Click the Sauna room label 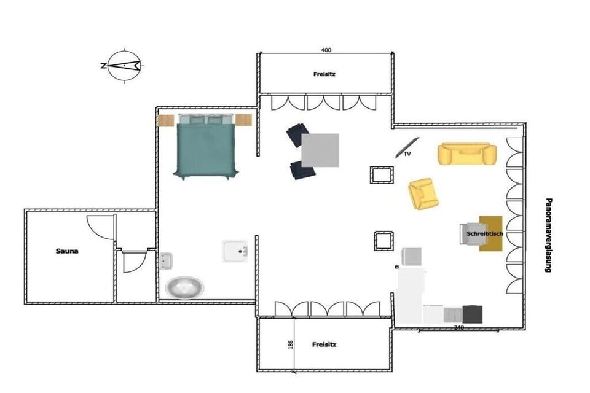pyautogui.click(x=67, y=251)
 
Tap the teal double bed pyautogui.click(x=206, y=147)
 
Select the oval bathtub pyautogui.click(x=185, y=288)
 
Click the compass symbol pyautogui.click(x=124, y=66)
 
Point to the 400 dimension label pyautogui.click(x=326, y=50)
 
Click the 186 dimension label pyautogui.click(x=291, y=344)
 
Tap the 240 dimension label pyautogui.click(x=458, y=327)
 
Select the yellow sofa pyautogui.click(x=467, y=154)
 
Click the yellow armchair pyautogui.click(x=423, y=193)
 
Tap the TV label pyautogui.click(x=407, y=154)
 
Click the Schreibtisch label pyautogui.click(x=485, y=233)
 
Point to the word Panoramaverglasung pyautogui.click(x=549, y=235)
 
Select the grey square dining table pyautogui.click(x=320, y=150)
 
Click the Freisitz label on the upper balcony pyautogui.click(x=324, y=74)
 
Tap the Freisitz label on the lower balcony pyautogui.click(x=324, y=344)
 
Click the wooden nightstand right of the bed pyautogui.click(x=243, y=120)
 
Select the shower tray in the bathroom pyautogui.click(x=235, y=251)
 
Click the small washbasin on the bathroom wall pyautogui.click(x=166, y=260)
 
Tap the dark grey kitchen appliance pyautogui.click(x=472, y=314)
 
